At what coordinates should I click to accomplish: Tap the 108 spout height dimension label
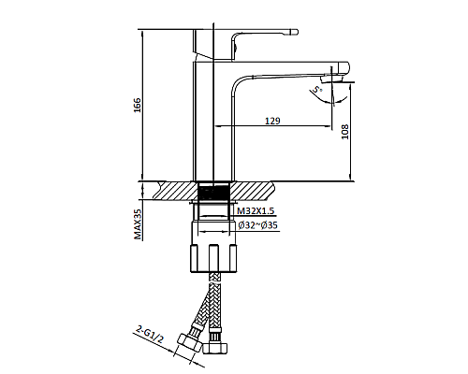(344, 133)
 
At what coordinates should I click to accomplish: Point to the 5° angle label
(319, 91)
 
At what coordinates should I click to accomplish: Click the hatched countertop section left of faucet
(168, 189)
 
